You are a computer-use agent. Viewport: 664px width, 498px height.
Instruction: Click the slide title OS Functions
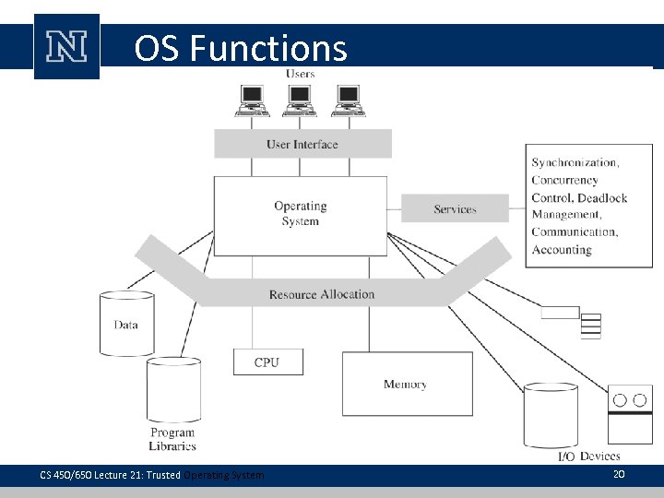pyautogui.click(x=240, y=48)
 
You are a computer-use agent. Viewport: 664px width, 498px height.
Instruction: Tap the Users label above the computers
pyautogui.click(x=300, y=74)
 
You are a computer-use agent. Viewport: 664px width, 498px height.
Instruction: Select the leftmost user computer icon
pyautogui.click(x=251, y=100)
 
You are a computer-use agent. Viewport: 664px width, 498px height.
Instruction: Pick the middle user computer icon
pyautogui.click(x=300, y=100)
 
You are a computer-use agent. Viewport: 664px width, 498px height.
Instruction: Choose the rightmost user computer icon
pyautogui.click(x=348, y=100)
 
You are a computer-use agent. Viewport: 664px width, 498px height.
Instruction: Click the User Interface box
pyautogui.click(x=302, y=144)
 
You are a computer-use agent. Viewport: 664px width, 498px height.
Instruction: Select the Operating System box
pyautogui.click(x=300, y=214)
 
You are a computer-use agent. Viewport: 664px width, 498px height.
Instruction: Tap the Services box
pyautogui.click(x=455, y=209)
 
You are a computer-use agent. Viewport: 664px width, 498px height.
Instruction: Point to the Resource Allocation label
pyautogui.click(x=322, y=294)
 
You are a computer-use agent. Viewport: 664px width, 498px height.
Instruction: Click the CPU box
pyautogui.click(x=267, y=362)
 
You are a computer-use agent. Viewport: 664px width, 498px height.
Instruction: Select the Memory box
pyautogui.click(x=405, y=384)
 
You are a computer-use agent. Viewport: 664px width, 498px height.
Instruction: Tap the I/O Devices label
pyautogui.click(x=589, y=456)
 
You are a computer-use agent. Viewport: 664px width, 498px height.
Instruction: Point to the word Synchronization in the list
pyautogui.click(x=575, y=163)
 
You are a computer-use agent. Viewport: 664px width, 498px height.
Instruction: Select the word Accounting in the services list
pyautogui.click(x=562, y=250)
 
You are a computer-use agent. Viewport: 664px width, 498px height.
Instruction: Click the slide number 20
pyautogui.click(x=619, y=473)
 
